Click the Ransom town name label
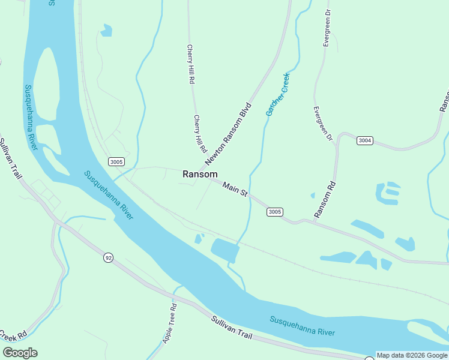[200, 174]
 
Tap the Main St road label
[235, 190]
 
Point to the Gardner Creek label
[278, 94]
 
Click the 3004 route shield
[364, 140]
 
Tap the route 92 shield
[108, 257]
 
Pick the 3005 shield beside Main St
[275, 212]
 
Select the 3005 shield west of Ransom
[116, 162]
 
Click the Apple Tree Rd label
[169, 323]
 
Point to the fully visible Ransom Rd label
[324, 199]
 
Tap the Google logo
[20, 352]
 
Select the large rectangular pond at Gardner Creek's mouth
[225, 250]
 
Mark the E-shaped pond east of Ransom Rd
[388, 193]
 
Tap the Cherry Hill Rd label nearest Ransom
[200, 133]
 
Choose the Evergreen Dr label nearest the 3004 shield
[322, 124]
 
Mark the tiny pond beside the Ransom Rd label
[313, 195]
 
